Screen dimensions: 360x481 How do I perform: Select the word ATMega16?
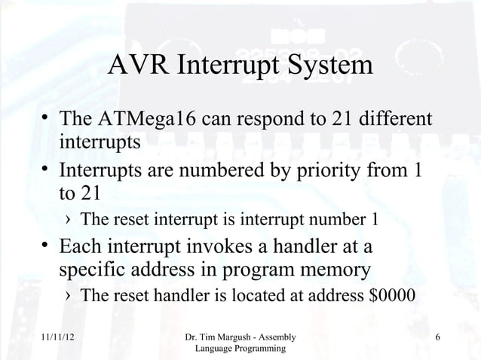[x=151, y=121]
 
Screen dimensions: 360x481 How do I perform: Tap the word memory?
[x=334, y=270]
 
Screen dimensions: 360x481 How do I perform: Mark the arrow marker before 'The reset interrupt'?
[x=69, y=221]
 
